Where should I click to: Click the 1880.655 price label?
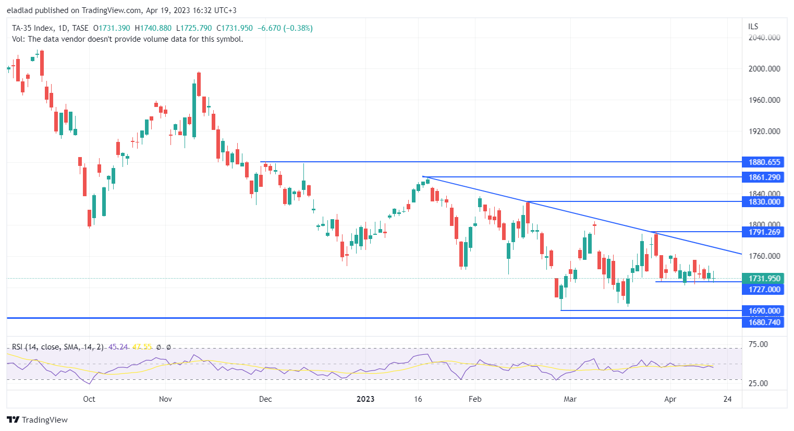[764, 162]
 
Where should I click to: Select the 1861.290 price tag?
[764, 177]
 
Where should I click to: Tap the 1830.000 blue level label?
[764, 202]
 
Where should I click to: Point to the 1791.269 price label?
[764, 232]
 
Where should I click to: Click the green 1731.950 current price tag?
[764, 279]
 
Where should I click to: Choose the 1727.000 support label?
[764, 290]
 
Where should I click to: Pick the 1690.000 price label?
[764, 311]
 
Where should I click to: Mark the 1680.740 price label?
[764, 322]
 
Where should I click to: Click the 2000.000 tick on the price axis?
[764, 69]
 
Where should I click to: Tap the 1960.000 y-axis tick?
[764, 100]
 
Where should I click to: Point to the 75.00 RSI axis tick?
[758, 344]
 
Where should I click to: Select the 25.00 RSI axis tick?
[758, 384]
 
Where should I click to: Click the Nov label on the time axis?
[165, 399]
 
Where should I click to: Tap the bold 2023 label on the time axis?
[365, 399]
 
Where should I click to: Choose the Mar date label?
[570, 399]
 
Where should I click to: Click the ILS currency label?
[753, 27]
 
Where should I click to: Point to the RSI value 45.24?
[118, 347]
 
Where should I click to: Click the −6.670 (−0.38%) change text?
[285, 28]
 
